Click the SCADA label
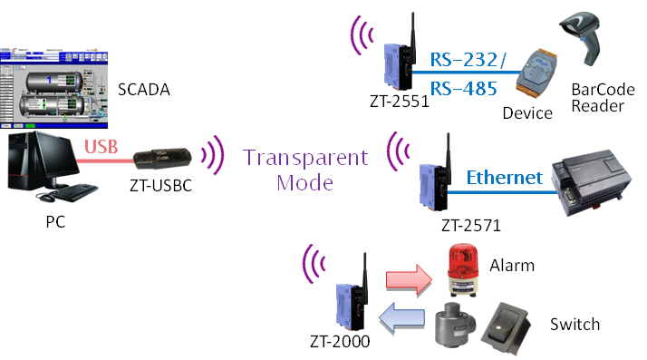tap(143, 90)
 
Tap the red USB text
tap(101, 147)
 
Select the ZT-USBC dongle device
tap(162, 159)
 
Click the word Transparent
tap(305, 158)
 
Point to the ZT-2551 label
tap(399, 102)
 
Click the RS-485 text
tap(463, 89)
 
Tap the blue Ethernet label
tap(504, 178)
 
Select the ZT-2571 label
tap(471, 226)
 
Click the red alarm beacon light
tap(463, 269)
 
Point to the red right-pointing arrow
tap(409, 280)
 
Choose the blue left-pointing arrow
tap(401, 317)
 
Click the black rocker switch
tap(505, 328)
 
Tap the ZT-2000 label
tap(340, 342)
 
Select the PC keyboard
tap(73, 192)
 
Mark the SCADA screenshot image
tap(54, 88)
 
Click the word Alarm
tap(512, 265)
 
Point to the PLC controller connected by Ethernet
tap(592, 182)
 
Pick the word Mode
tap(305, 183)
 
